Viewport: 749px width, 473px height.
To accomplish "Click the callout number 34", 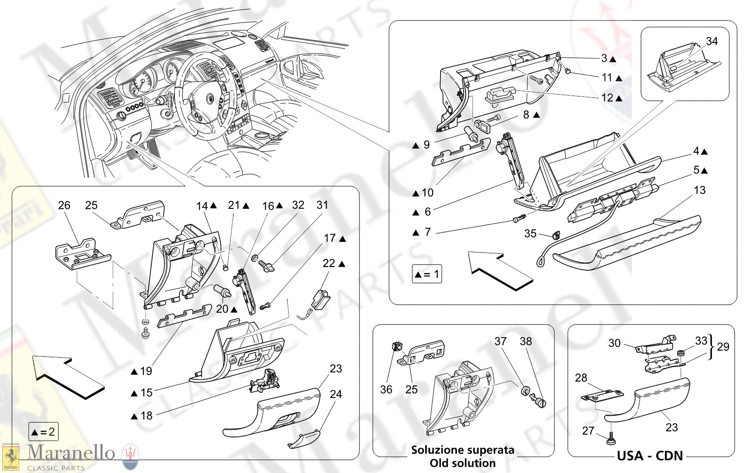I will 712,41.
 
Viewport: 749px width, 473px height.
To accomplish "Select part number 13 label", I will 699,190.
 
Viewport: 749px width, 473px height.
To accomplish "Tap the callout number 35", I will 530,233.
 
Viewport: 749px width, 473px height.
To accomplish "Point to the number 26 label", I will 64,205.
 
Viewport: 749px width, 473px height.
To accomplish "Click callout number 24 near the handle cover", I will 336,394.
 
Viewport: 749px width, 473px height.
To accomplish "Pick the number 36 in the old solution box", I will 386,390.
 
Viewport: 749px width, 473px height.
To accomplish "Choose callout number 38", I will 526,341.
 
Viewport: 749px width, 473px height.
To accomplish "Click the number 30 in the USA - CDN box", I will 614,343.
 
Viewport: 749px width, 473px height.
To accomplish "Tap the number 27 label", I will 588,430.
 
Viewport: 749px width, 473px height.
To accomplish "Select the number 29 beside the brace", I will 723,347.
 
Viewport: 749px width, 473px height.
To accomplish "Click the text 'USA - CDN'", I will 650,456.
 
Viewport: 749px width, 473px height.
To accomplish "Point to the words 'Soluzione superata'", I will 463,450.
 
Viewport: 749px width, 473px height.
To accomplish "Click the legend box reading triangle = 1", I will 427,274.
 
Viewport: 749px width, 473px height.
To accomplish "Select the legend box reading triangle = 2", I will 43,432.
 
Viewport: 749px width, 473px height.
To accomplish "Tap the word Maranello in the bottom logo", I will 71,452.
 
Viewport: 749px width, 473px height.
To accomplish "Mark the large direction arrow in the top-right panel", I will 500,270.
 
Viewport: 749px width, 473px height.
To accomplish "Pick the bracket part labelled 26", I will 83,255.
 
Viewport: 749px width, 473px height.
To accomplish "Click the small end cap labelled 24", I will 302,440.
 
